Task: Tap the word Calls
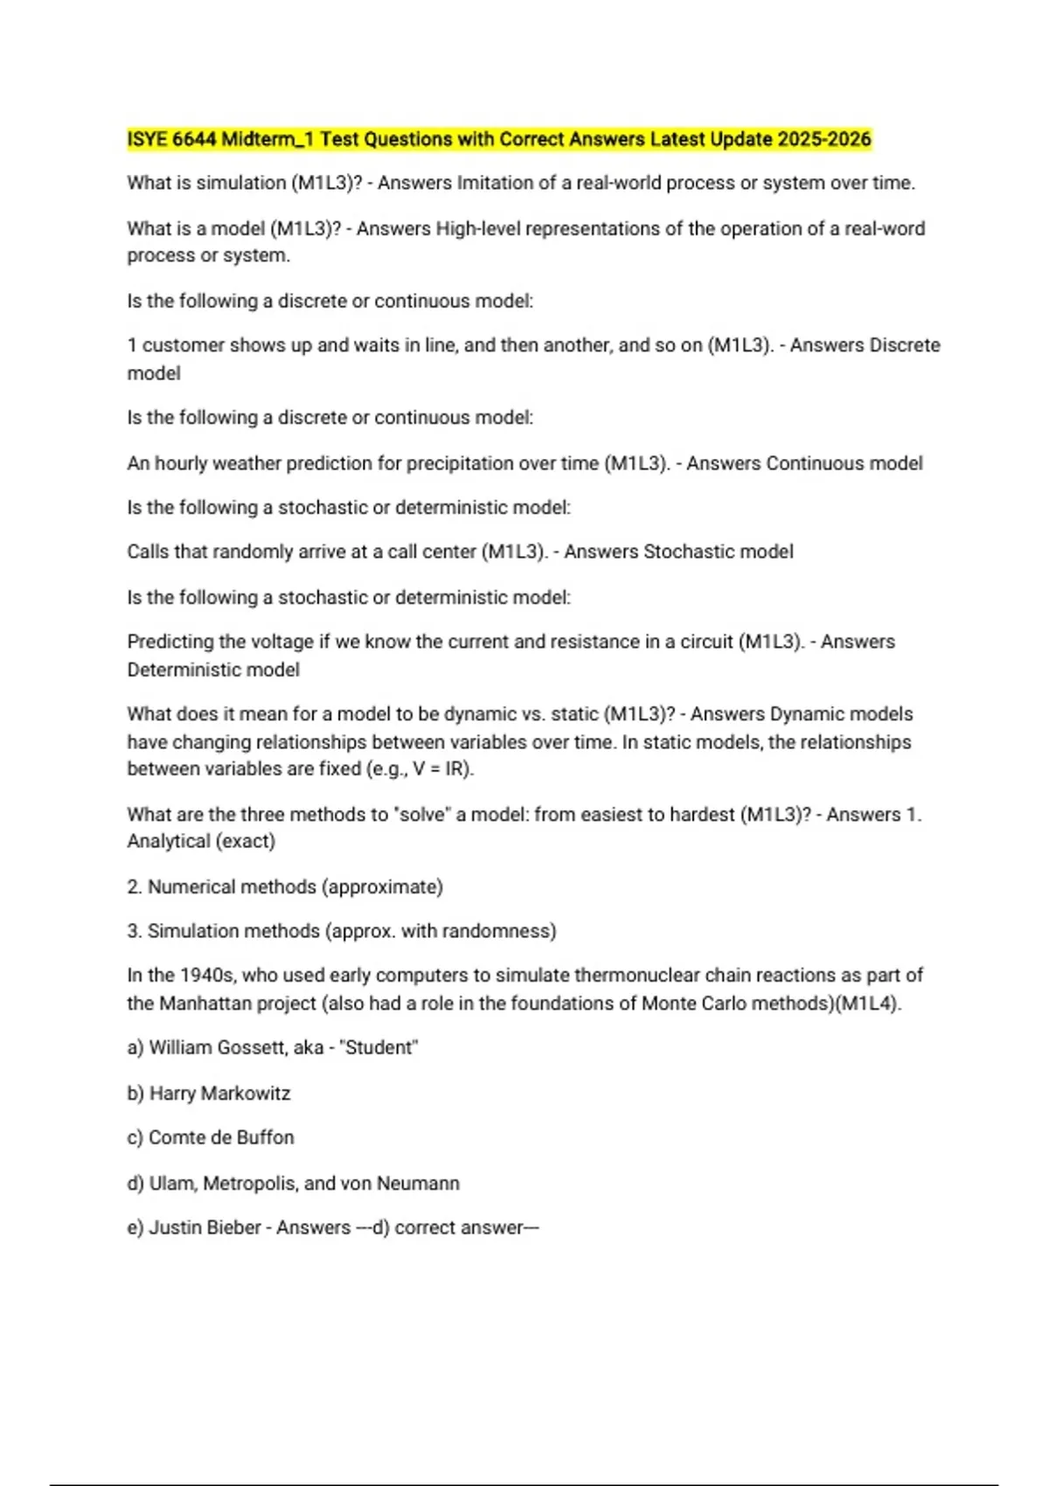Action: point(148,552)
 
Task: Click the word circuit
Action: point(698,642)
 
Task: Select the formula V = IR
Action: point(445,769)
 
